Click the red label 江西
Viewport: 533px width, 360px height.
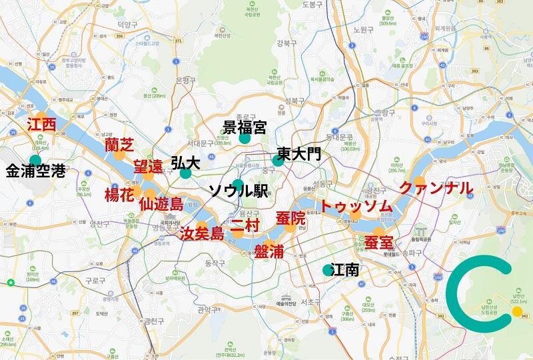click(x=41, y=125)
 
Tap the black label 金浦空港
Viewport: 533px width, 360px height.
click(x=35, y=171)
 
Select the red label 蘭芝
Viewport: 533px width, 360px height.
click(x=120, y=145)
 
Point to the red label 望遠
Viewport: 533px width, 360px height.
click(x=148, y=167)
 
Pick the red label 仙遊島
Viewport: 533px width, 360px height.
click(x=161, y=203)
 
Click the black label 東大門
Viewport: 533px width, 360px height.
click(x=298, y=153)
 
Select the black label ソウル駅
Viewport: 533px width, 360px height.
click(x=238, y=191)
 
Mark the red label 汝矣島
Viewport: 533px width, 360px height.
click(x=202, y=233)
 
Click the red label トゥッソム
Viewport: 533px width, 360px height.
click(x=356, y=207)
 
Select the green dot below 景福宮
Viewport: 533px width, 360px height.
click(x=245, y=139)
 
